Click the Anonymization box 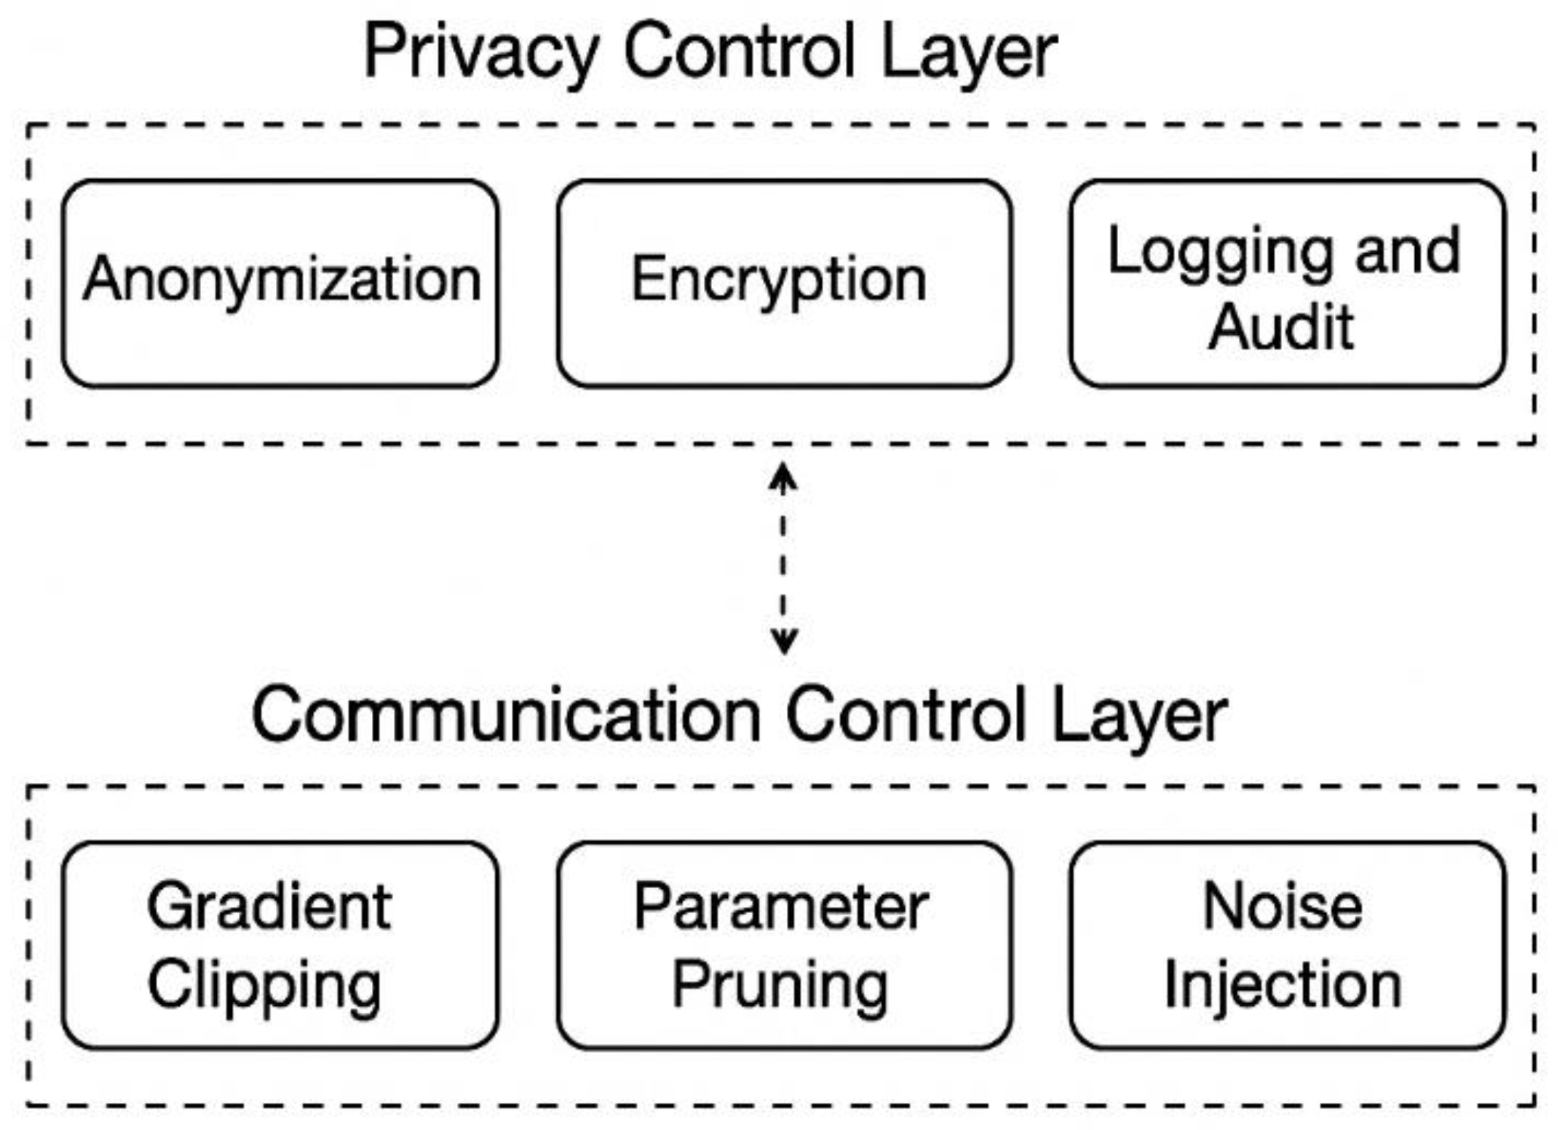click(x=280, y=283)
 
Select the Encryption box click(x=784, y=283)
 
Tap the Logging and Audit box click(x=1287, y=283)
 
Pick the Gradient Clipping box click(x=280, y=945)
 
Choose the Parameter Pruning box click(x=784, y=945)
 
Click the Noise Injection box click(x=1287, y=945)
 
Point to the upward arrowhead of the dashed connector click(x=782, y=476)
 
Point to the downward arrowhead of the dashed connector click(x=783, y=642)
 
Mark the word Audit click(x=1281, y=327)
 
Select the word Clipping click(x=265, y=985)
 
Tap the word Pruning click(x=780, y=985)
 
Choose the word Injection click(x=1283, y=983)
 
